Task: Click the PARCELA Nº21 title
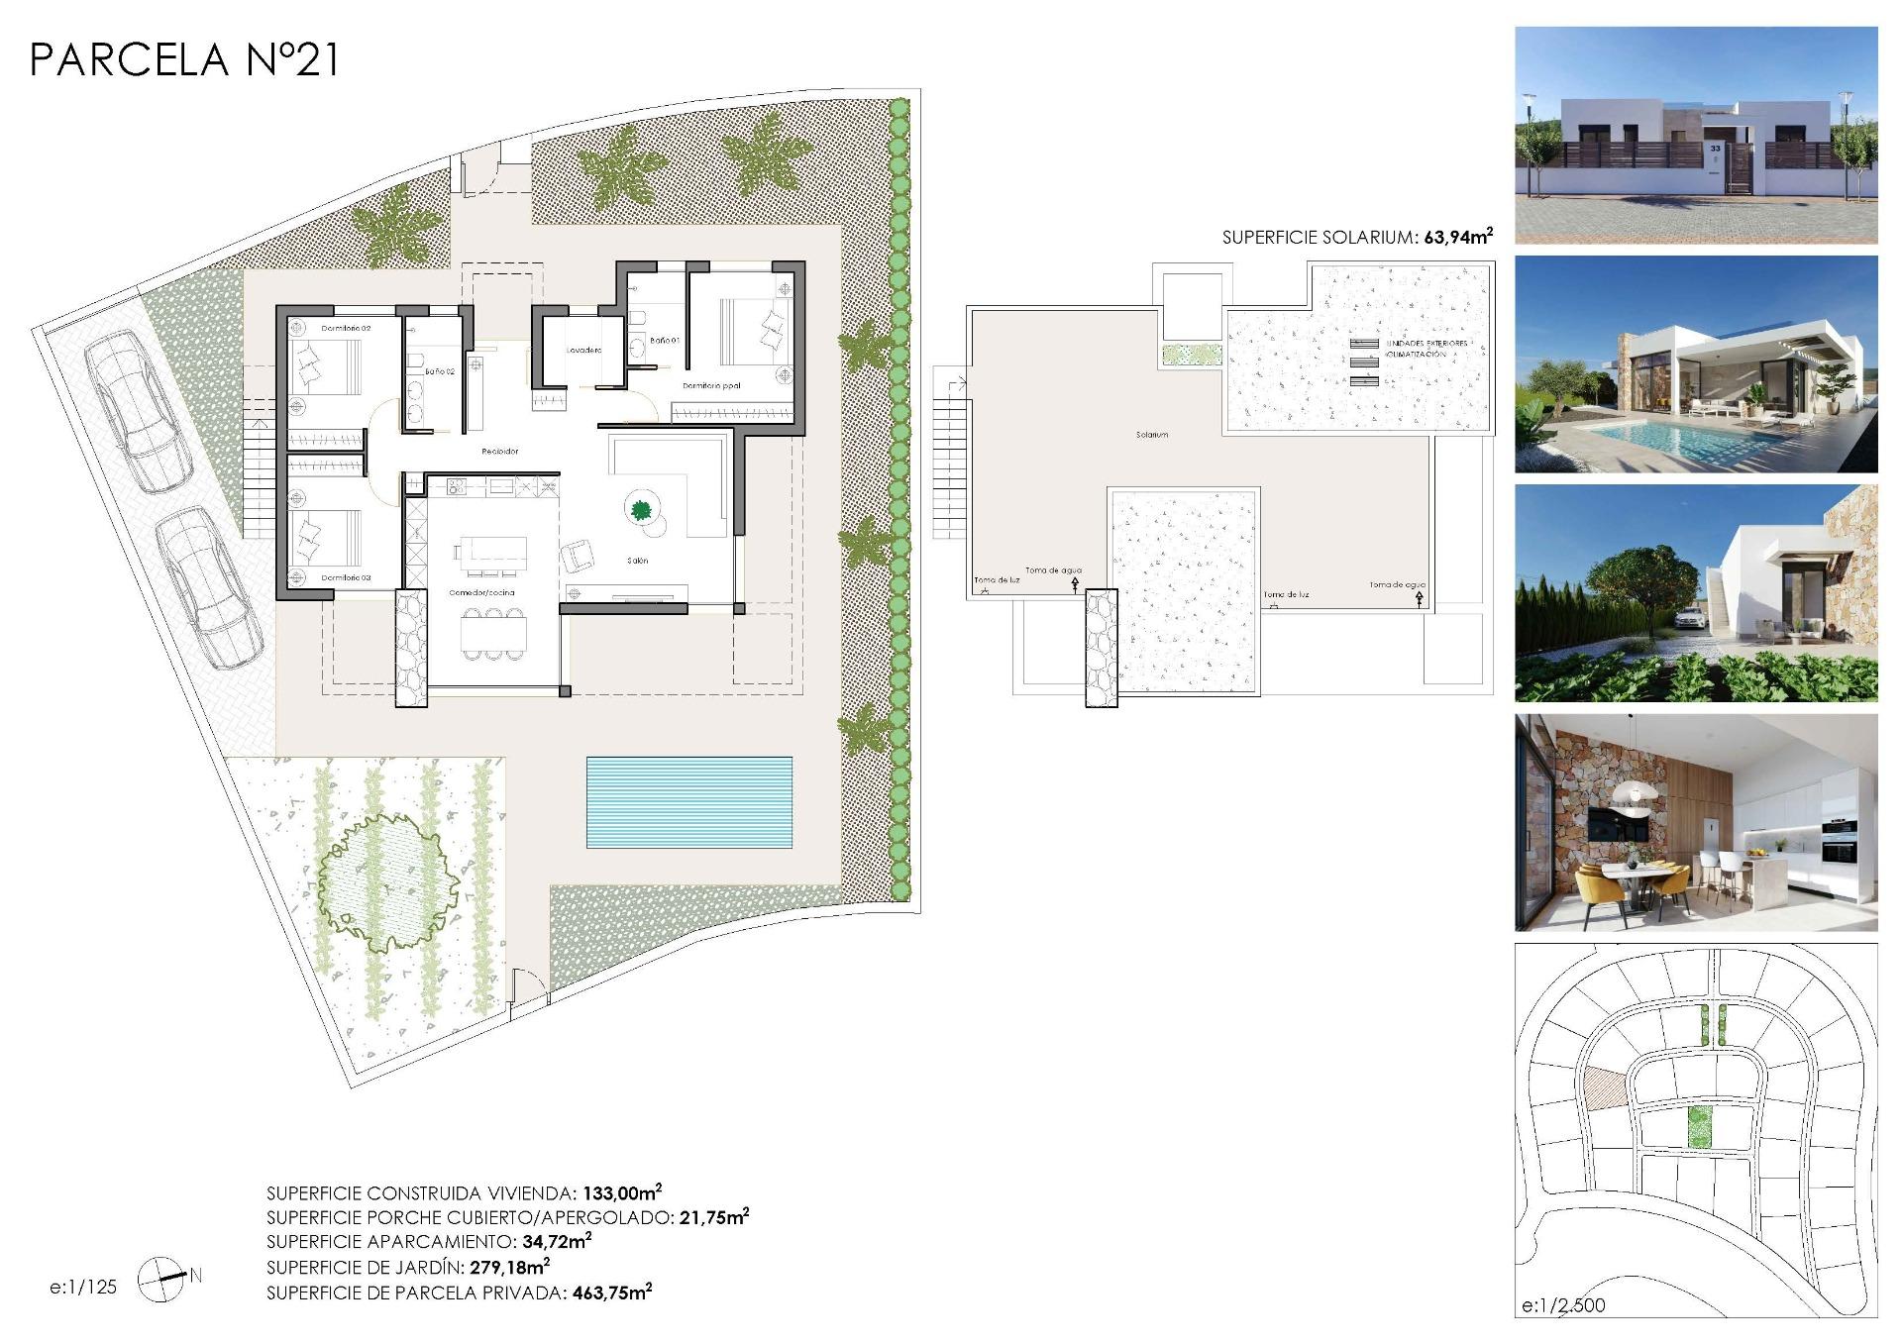pyautogui.click(x=185, y=60)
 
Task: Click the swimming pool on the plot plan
pyautogui.click(x=688, y=802)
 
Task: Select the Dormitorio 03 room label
pyautogui.click(x=346, y=576)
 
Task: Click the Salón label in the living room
pyautogui.click(x=637, y=561)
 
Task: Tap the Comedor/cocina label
pyautogui.click(x=482, y=592)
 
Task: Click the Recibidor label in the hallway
pyautogui.click(x=500, y=451)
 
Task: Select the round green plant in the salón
pyautogui.click(x=641, y=510)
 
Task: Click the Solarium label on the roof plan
pyautogui.click(x=1152, y=434)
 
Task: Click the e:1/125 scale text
pyautogui.click(x=83, y=1287)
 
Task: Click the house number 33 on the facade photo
pyautogui.click(x=1715, y=147)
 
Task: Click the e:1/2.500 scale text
pyautogui.click(x=1563, y=1305)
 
